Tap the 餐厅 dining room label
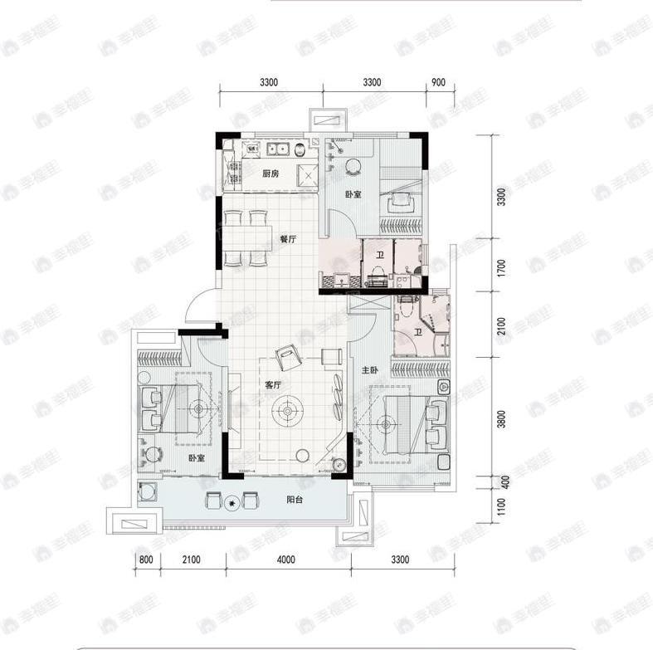point(288,239)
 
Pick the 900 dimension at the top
point(439,81)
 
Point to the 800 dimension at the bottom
point(146,560)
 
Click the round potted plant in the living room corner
point(339,466)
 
